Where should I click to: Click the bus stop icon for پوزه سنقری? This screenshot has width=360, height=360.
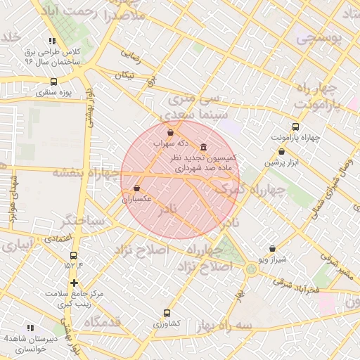coord(54,82)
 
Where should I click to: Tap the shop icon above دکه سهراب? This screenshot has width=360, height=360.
coord(171,132)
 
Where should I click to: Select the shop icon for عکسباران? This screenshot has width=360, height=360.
coord(136,188)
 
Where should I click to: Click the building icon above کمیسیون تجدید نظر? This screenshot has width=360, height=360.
coord(204,147)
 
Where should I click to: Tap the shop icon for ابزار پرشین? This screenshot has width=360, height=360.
coord(281,151)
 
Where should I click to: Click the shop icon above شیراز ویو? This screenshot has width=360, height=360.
coord(272,248)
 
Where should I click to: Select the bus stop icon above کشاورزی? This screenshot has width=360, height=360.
coord(167,313)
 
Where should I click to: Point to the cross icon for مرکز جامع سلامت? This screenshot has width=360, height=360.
coord(74,283)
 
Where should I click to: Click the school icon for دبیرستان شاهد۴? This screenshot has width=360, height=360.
coord(30,328)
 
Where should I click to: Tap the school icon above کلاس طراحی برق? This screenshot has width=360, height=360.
coord(52,41)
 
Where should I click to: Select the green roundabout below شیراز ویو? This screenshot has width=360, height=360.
coord(252,268)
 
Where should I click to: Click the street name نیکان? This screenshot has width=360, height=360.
coord(124,75)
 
